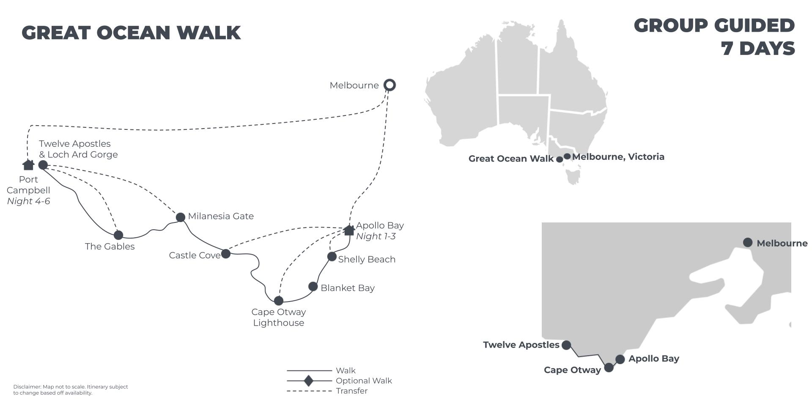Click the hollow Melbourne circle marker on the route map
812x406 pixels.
(x=390, y=85)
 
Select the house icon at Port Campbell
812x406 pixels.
(x=28, y=165)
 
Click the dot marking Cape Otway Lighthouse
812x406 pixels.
(x=278, y=301)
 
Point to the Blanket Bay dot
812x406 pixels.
(x=313, y=287)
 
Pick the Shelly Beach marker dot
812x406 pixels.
(x=332, y=257)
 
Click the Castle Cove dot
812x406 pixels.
(x=226, y=254)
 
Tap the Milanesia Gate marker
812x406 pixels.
(x=181, y=217)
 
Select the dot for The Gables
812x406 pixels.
(x=118, y=235)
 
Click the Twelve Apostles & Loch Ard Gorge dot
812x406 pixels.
(x=43, y=165)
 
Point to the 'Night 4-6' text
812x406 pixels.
(x=28, y=201)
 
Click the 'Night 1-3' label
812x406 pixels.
(x=376, y=236)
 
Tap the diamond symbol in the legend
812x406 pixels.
(x=309, y=381)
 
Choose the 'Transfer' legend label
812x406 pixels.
(x=352, y=391)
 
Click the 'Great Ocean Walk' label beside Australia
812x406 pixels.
(x=511, y=159)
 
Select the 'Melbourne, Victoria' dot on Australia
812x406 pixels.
(x=567, y=156)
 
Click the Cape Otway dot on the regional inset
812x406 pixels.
(x=609, y=368)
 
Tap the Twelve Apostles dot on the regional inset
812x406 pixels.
(x=566, y=345)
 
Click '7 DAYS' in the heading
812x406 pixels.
(x=758, y=48)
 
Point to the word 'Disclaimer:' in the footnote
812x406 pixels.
(x=27, y=387)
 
